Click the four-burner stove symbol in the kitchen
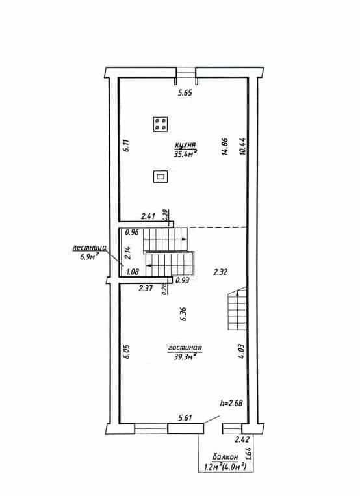pos(161,124)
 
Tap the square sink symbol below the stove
pos(161,177)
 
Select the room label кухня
pos(185,145)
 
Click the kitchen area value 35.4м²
pos(185,154)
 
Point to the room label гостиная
pos(185,348)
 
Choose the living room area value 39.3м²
pos(185,356)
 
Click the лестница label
pos(90,248)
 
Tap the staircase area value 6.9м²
pos(90,256)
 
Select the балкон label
pos(225,457)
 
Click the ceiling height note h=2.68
pos(231,403)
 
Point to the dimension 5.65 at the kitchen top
pos(185,93)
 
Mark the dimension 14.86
pos(225,146)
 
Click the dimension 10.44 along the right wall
pos(243,146)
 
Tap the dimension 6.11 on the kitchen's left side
pos(127,146)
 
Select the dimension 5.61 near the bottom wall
pos(185,418)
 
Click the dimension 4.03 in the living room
pos(241,351)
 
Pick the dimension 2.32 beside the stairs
pos(220,272)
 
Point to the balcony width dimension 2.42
pos(242,439)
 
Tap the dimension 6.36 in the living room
pos(183,314)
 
